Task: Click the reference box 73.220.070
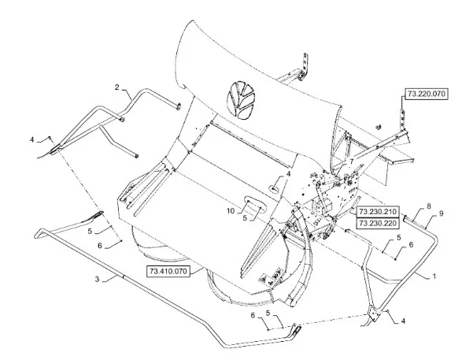click(x=427, y=95)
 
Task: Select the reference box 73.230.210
click(x=378, y=212)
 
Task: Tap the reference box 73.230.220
click(x=378, y=223)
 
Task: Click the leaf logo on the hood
click(x=241, y=100)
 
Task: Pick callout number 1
click(x=434, y=276)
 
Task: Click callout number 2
click(x=117, y=87)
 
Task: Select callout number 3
click(x=98, y=279)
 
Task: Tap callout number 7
click(x=351, y=161)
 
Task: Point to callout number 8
click(x=429, y=206)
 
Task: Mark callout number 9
click(x=441, y=213)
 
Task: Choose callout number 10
click(x=231, y=211)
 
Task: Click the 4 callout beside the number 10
click(x=289, y=174)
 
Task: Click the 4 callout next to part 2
click(x=32, y=139)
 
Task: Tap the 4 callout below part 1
click(x=403, y=321)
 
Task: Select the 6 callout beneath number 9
click(x=411, y=244)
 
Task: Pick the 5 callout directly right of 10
click(x=245, y=218)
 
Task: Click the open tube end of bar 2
click(x=178, y=106)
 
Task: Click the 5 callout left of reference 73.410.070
click(x=91, y=231)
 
